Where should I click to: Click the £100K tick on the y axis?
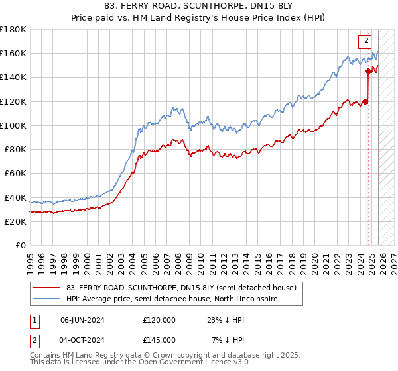pos(13,125)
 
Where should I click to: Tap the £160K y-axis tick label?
pos(13,53)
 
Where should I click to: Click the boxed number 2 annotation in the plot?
pos(365,42)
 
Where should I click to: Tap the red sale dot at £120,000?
pos(365,101)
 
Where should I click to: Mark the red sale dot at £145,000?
pos(369,71)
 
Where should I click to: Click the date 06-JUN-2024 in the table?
pos(82,320)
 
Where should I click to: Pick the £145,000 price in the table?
pos(159,339)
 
